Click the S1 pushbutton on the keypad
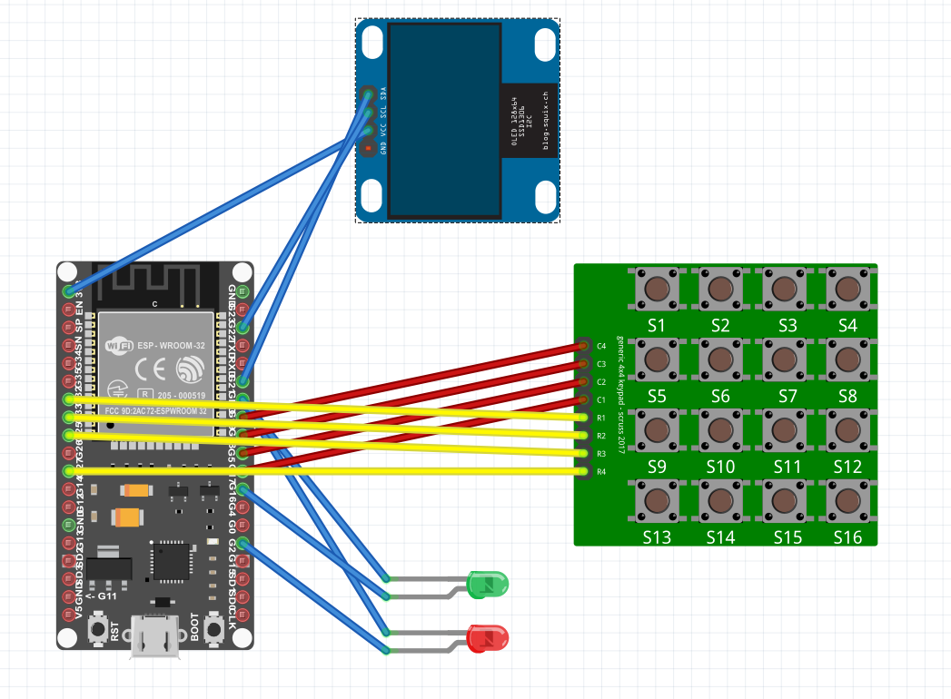pyautogui.click(x=657, y=290)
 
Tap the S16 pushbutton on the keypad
pyautogui.click(x=847, y=500)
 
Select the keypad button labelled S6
pyautogui.click(x=720, y=359)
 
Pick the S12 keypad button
pyautogui.click(x=847, y=430)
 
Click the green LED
pyautogui.click(x=487, y=584)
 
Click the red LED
pyautogui.click(x=487, y=638)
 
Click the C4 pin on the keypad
pyautogui.click(x=583, y=345)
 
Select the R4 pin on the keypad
pyautogui.click(x=583, y=471)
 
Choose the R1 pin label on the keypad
pyautogui.click(x=600, y=418)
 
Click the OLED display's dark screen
pyautogui.click(x=444, y=120)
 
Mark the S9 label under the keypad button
pyautogui.click(x=657, y=467)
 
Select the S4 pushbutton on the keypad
pyautogui.click(x=847, y=290)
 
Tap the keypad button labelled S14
pyautogui.click(x=720, y=500)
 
